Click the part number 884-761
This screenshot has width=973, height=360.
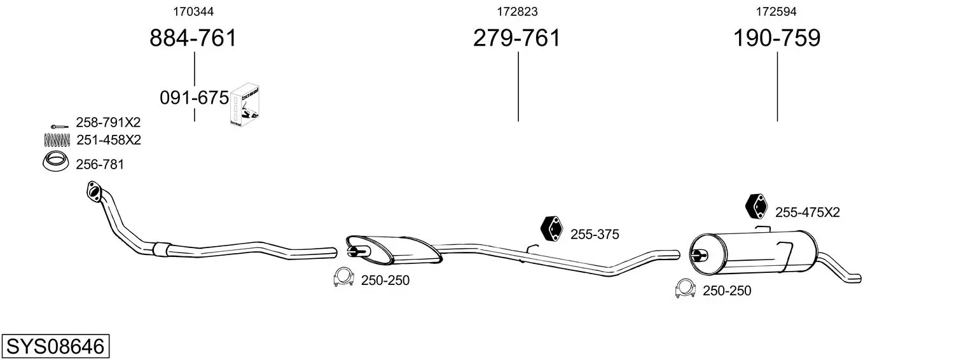(x=193, y=38)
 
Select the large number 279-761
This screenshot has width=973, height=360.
(x=517, y=38)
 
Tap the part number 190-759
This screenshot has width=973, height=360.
(x=776, y=38)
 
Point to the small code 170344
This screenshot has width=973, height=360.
(x=193, y=11)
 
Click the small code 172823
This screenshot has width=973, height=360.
(x=517, y=11)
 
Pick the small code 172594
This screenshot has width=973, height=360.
(x=776, y=11)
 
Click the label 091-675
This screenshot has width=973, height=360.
(x=194, y=98)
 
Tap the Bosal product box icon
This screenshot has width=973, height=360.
(x=245, y=105)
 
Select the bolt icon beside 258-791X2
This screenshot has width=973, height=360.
(x=59, y=127)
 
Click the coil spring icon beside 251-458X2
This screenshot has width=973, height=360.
(x=57, y=140)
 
